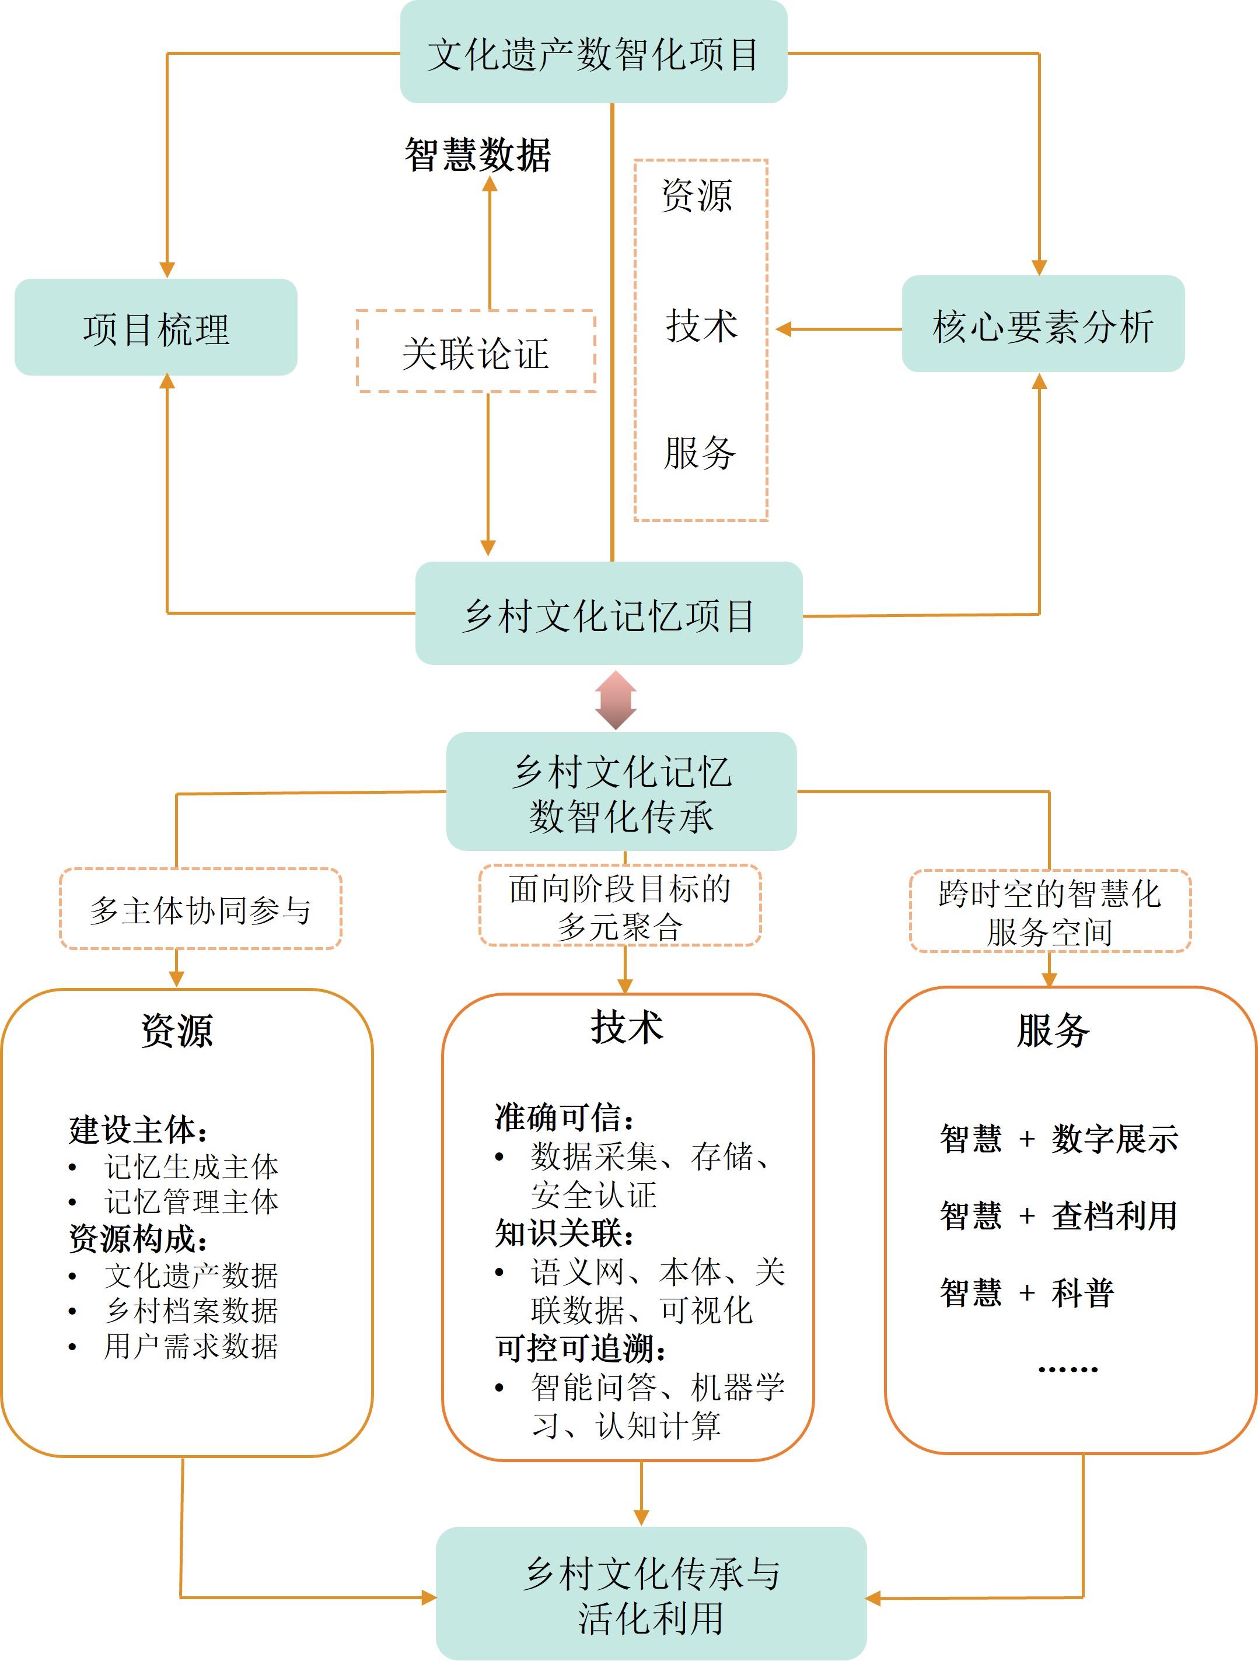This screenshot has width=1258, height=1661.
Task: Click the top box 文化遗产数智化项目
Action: click(x=593, y=52)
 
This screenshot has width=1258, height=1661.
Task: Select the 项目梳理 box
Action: click(x=156, y=327)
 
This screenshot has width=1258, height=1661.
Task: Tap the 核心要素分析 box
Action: click(x=1043, y=324)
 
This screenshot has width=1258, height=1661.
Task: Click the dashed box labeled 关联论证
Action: click(x=476, y=352)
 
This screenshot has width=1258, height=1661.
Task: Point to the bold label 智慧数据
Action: click(x=478, y=155)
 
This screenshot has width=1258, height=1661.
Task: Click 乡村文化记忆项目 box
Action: click(x=609, y=614)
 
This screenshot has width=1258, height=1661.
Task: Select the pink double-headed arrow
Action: click(x=616, y=700)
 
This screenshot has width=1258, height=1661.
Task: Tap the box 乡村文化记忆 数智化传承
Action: click(x=621, y=791)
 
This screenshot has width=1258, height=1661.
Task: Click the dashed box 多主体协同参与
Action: click(x=201, y=909)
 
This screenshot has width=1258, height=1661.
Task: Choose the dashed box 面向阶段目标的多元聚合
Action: click(x=620, y=906)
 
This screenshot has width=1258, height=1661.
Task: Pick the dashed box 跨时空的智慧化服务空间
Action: click(x=1050, y=912)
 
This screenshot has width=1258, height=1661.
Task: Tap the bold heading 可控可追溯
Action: click(x=581, y=1348)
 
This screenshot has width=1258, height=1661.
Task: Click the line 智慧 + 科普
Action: click(x=1027, y=1292)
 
